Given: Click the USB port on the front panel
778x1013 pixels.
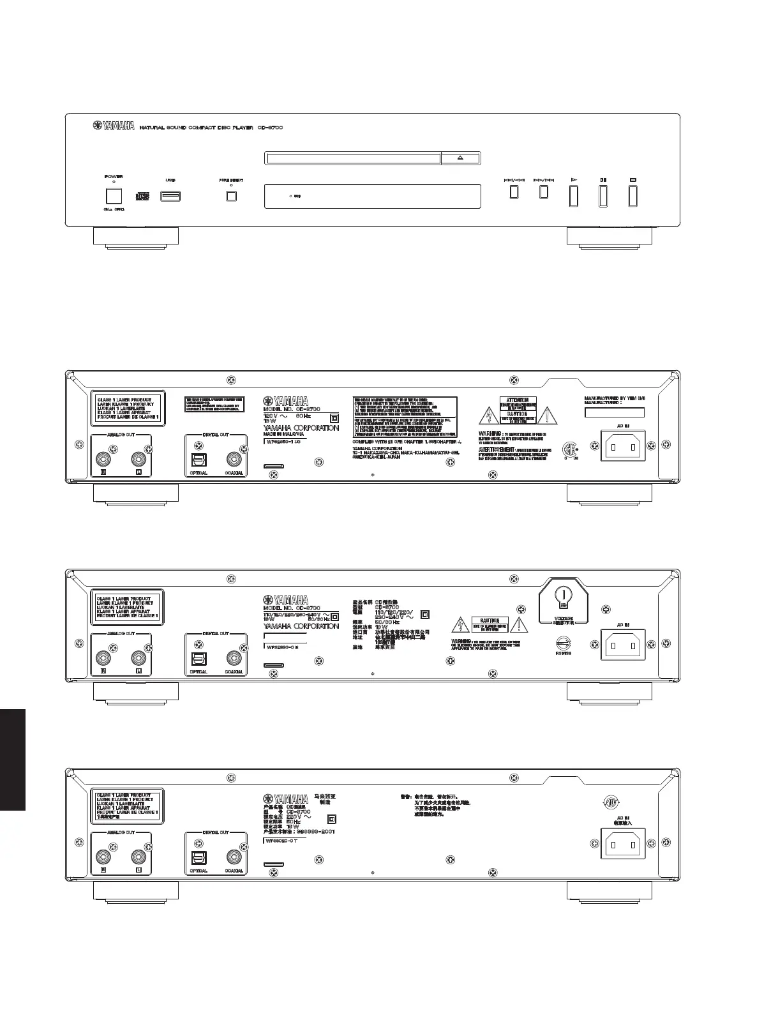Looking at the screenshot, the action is pyautogui.click(x=170, y=195).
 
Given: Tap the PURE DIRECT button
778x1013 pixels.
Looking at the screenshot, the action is pyautogui.click(x=231, y=196).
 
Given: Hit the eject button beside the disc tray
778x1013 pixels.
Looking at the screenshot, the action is pyautogui.click(x=460, y=158).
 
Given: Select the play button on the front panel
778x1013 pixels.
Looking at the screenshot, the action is pyautogui.click(x=574, y=196).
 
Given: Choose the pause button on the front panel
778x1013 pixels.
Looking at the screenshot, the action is pyautogui.click(x=602, y=196).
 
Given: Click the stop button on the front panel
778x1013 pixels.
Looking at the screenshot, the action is pyautogui.click(x=632, y=196).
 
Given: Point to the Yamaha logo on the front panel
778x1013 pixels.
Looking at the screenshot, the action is pyautogui.click(x=114, y=127).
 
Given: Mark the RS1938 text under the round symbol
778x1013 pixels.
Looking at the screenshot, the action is pyautogui.click(x=563, y=653).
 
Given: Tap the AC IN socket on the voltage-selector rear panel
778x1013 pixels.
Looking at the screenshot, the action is pyautogui.click(x=622, y=646).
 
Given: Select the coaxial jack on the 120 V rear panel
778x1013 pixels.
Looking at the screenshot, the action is pyautogui.click(x=234, y=460).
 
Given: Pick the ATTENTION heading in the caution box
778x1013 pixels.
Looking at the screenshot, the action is pyautogui.click(x=518, y=400).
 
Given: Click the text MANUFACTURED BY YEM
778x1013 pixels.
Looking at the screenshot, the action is pyautogui.click(x=615, y=398).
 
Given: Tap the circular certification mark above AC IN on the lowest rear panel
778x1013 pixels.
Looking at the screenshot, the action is pyautogui.click(x=611, y=803).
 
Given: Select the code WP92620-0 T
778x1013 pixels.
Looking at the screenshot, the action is pyautogui.click(x=281, y=841).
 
